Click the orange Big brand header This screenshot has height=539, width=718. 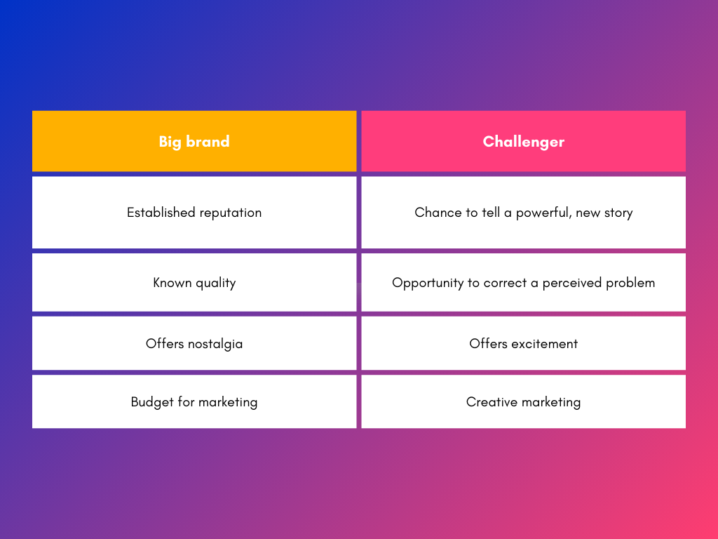(194, 141)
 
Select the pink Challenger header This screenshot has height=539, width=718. (523, 141)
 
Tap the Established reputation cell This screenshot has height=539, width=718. (194, 213)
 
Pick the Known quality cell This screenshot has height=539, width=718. (194, 283)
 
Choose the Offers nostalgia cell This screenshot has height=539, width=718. (194, 343)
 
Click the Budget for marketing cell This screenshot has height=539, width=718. (194, 401)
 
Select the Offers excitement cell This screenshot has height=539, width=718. (523, 343)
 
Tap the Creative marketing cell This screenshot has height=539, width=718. (523, 401)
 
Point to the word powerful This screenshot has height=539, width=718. (543, 213)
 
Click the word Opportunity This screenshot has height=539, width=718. (428, 284)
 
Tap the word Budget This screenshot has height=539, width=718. (152, 402)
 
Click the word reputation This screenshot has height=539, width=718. (230, 213)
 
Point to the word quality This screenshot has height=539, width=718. (215, 284)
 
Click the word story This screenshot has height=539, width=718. (618, 213)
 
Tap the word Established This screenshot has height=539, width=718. (161, 212)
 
